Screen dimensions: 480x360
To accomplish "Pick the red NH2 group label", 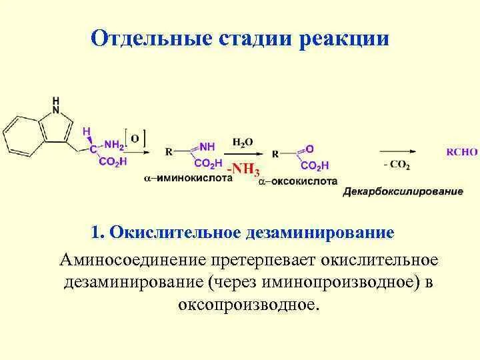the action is tap(113, 144).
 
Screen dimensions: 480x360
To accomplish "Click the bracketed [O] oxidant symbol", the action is tap(135, 139).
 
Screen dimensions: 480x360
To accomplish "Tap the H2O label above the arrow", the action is tap(243, 142).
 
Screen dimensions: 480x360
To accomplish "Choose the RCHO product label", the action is tap(461, 152).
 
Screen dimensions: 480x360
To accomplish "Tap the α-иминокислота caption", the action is tap(189, 180).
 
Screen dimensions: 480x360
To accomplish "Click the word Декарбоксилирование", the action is tap(403, 192).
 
